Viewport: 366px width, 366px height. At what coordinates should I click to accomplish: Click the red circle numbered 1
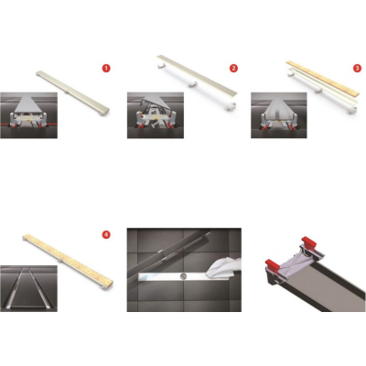pyautogui.click(x=106, y=69)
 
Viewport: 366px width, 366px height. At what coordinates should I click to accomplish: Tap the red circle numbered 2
pyautogui.click(x=233, y=69)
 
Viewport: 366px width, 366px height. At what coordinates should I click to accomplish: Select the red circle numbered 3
pyautogui.click(x=357, y=69)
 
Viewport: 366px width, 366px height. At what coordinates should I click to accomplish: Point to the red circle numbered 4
pyautogui.click(x=106, y=234)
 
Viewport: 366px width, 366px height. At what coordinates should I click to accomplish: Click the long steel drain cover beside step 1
pyautogui.click(x=72, y=93)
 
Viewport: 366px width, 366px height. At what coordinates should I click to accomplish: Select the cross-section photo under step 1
pyautogui.click(x=28, y=115)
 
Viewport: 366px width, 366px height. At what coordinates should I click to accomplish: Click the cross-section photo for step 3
pyautogui.click(x=279, y=115)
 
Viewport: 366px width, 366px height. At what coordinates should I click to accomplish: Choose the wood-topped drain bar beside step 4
pyautogui.click(x=68, y=262)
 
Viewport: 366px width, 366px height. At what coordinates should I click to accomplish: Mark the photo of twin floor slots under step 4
pyautogui.click(x=28, y=288)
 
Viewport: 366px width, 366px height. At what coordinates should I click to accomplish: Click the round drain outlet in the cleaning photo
pyautogui.click(x=183, y=276)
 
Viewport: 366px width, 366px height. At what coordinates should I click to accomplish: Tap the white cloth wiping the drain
pyautogui.click(x=224, y=269)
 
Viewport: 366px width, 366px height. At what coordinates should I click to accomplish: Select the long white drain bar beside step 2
pyautogui.click(x=197, y=81)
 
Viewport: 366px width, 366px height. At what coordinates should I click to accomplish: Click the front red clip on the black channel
pyautogui.click(x=274, y=266)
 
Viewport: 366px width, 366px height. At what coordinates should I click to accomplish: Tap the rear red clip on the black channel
pyautogui.click(x=308, y=242)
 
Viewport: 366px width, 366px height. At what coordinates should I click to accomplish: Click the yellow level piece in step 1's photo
pyautogui.click(x=28, y=121)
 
